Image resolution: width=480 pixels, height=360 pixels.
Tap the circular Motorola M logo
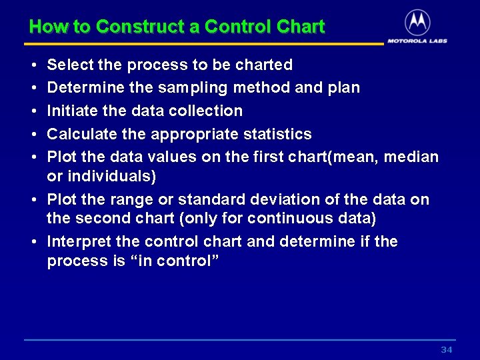click(417, 23)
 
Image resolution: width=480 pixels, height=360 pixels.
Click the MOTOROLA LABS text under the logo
click(417, 41)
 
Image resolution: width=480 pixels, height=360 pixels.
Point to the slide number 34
click(447, 350)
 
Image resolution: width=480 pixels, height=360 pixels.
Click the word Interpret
click(75, 241)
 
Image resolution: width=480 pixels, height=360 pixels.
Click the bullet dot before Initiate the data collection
click(33, 111)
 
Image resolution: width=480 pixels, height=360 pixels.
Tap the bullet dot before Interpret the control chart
click(33, 242)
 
